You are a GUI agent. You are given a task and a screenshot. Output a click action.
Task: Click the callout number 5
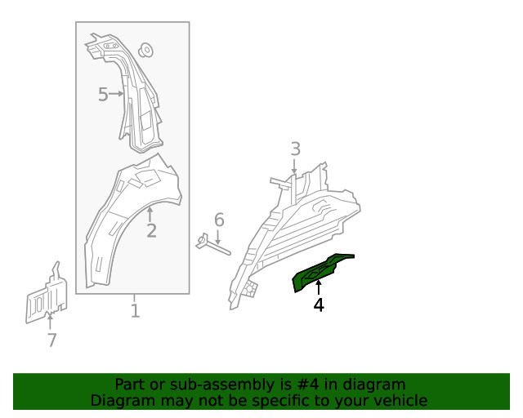(103, 95)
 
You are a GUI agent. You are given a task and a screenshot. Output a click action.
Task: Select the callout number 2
(151, 230)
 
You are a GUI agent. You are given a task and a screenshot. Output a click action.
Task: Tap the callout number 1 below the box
(135, 311)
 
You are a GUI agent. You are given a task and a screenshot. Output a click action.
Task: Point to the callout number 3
(295, 149)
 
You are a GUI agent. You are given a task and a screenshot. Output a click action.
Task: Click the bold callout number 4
(319, 305)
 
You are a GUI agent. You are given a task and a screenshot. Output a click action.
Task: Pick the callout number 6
(219, 220)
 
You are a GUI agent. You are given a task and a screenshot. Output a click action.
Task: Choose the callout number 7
(52, 340)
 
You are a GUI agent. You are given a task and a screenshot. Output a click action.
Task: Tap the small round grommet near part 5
(148, 49)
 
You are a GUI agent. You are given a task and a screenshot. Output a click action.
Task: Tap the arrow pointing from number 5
(117, 95)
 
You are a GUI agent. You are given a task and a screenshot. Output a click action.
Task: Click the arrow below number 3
(295, 167)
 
